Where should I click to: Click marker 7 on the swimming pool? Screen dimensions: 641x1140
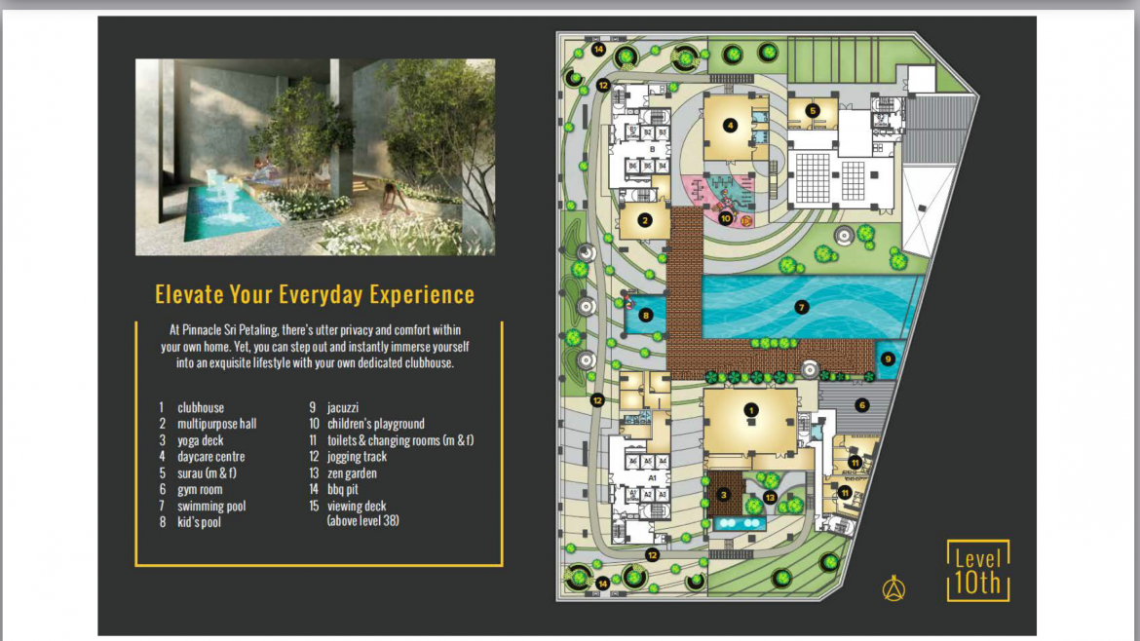point(802,307)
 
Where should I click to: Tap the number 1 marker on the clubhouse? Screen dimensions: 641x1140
point(751,410)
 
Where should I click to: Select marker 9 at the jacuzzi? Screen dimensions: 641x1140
point(888,358)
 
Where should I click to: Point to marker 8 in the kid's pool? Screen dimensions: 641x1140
point(645,315)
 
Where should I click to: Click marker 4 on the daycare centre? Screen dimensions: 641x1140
point(730,125)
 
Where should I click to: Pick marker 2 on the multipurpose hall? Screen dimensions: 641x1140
point(645,221)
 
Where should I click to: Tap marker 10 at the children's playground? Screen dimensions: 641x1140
point(726,218)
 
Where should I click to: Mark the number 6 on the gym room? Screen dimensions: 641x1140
point(861,404)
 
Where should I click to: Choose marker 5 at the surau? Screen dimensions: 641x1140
point(814,111)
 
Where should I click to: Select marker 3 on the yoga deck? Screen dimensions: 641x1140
point(724,494)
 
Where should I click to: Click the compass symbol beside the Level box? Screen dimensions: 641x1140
point(894,588)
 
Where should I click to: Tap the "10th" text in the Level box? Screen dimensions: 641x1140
point(978,584)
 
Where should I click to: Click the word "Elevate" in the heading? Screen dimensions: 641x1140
point(189,294)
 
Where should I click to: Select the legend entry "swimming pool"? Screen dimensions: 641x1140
point(211,506)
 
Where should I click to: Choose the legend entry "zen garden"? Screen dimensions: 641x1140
point(352,473)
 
